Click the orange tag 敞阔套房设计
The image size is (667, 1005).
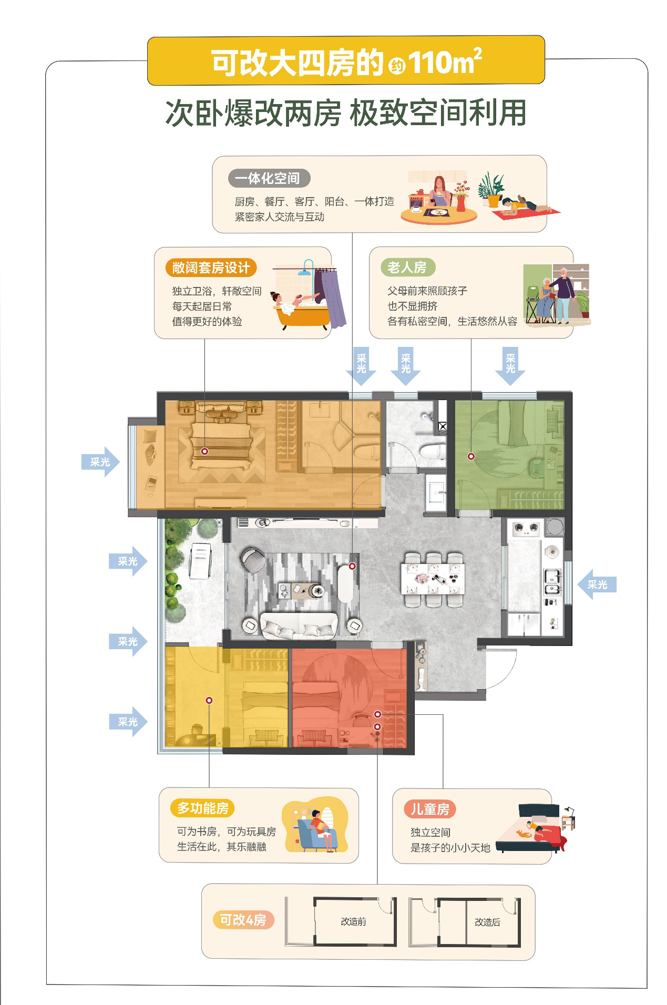point(211,268)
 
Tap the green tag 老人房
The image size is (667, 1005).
point(407,267)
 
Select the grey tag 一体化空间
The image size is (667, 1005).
point(269,178)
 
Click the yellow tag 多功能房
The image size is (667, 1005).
point(202,808)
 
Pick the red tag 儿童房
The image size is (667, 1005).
point(430,809)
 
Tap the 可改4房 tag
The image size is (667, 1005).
point(243,920)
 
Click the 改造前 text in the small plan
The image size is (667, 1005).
point(353,921)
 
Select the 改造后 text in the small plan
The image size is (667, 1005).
point(487,922)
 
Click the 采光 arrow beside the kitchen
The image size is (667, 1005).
point(597,584)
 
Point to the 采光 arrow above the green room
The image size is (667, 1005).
point(510,366)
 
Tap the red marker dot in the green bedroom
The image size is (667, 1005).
point(471,456)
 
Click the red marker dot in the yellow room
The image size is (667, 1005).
point(209,700)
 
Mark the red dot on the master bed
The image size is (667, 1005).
point(204,452)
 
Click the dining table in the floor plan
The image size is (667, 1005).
point(433,579)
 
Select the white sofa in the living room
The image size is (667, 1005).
point(299,625)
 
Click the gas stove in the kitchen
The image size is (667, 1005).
point(526,527)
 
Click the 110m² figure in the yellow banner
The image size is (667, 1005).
point(445,61)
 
